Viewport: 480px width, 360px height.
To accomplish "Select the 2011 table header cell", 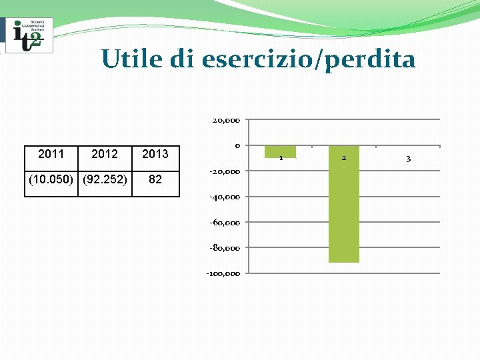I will [51, 155].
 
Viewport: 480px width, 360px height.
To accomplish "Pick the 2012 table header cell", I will [104, 155].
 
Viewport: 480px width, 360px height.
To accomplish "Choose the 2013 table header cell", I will [155, 155].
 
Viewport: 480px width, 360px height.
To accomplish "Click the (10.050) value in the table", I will [51, 179].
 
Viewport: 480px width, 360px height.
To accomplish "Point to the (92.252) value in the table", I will [104, 179].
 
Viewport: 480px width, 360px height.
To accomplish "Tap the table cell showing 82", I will [155, 179].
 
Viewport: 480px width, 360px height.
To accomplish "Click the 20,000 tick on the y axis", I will [226, 121].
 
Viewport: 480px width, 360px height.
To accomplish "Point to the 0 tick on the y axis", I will [237, 146].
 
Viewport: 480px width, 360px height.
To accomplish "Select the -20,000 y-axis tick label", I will [225, 171].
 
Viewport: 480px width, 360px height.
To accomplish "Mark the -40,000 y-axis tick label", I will [225, 197].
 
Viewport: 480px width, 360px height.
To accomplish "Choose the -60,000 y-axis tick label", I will [225, 222].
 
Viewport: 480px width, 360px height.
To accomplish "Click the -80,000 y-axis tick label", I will [225, 247].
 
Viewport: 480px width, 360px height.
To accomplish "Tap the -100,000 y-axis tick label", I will [223, 273].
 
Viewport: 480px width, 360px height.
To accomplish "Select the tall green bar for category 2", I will [343, 207].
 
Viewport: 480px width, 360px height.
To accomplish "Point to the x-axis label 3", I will [408, 158].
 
